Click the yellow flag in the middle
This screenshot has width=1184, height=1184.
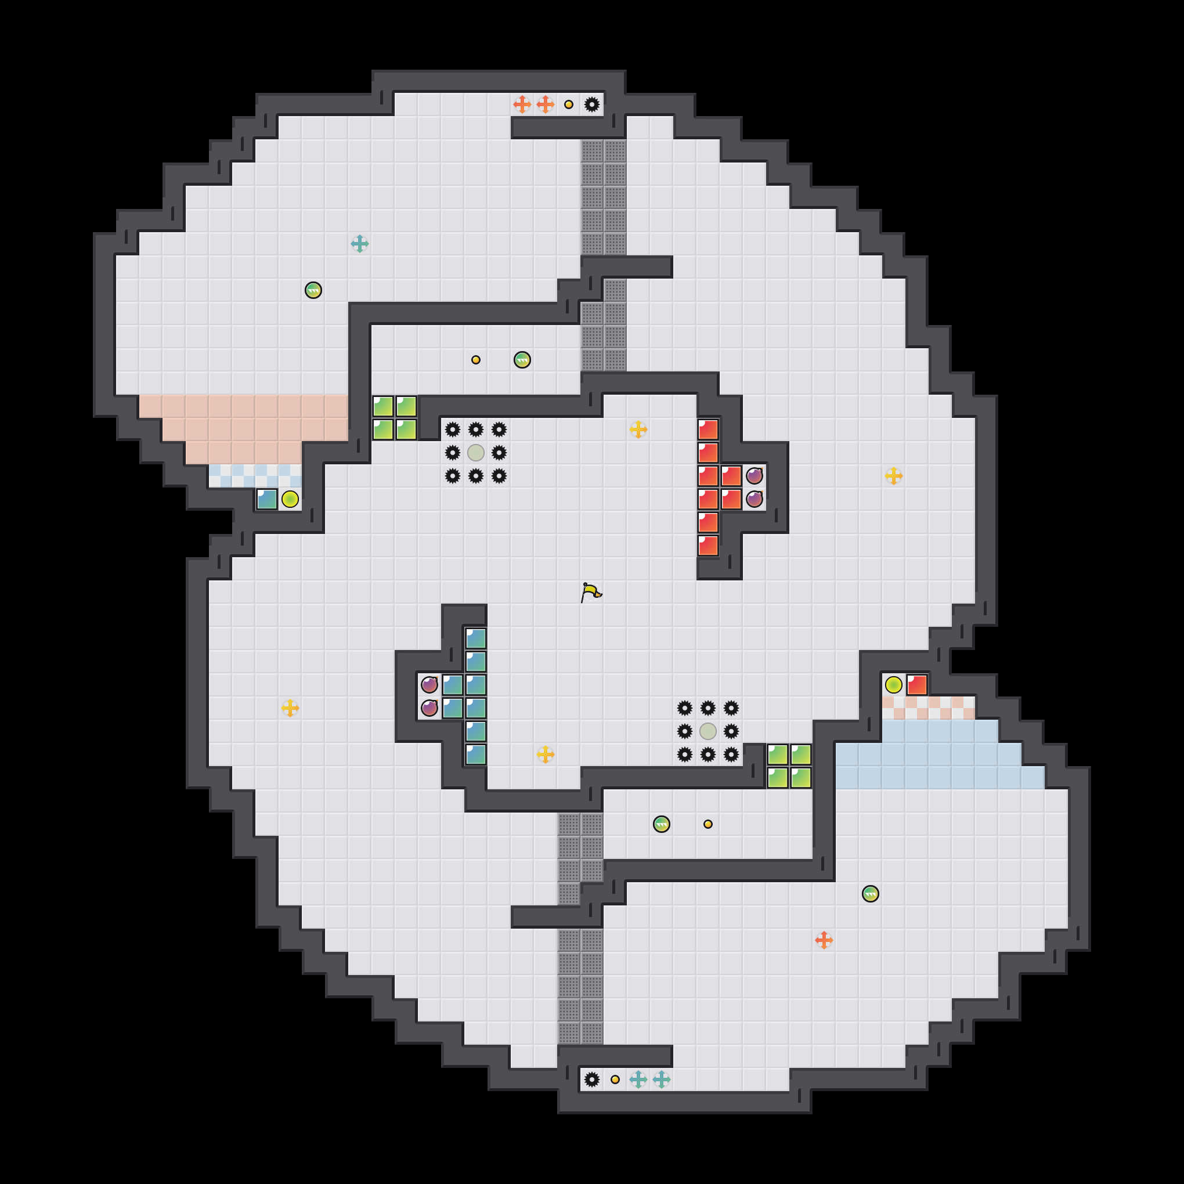click(x=591, y=593)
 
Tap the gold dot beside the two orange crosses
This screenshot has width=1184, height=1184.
click(x=569, y=105)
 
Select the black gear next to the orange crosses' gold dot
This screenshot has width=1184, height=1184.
click(x=592, y=105)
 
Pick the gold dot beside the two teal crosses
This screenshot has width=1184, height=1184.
click(x=615, y=1079)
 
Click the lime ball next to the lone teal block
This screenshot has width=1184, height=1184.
click(x=290, y=500)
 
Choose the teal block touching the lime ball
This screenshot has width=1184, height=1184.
click(x=267, y=500)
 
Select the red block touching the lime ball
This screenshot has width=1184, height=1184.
click(x=917, y=684)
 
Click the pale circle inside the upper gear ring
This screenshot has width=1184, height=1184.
click(x=475, y=453)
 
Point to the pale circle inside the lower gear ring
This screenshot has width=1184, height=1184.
click(x=708, y=731)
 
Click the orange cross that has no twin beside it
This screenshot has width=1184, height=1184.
click(x=824, y=940)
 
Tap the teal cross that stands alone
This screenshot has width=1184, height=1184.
click(x=360, y=244)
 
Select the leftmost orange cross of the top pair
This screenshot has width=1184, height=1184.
click(x=522, y=105)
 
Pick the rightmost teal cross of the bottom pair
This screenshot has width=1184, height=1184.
click(x=661, y=1079)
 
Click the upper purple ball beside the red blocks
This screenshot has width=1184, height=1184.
click(x=755, y=476)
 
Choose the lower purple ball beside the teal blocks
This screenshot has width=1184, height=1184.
click(x=429, y=708)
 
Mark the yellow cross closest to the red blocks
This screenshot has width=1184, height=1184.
click(x=638, y=429)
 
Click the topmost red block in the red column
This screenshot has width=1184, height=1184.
click(x=708, y=429)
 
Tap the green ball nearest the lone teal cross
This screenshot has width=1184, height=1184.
click(x=313, y=290)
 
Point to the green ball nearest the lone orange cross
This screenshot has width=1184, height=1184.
click(x=870, y=894)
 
